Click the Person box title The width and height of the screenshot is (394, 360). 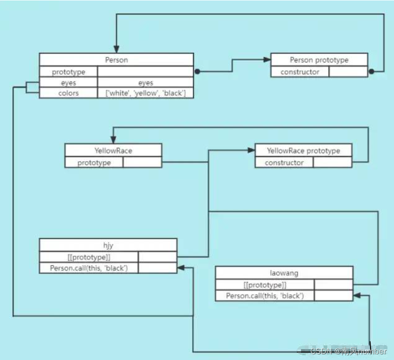[x=116, y=60]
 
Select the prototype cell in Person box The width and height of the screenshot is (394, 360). [x=69, y=72]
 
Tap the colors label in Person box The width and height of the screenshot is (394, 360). [x=69, y=93]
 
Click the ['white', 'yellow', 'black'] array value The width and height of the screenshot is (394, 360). [x=146, y=93]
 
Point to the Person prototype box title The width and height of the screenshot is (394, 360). [x=319, y=60]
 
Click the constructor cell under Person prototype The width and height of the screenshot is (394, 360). [x=300, y=72]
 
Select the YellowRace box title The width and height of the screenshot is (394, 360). [x=113, y=150]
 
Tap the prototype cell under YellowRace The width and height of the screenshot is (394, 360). [x=94, y=163]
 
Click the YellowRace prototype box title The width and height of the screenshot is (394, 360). [x=303, y=150]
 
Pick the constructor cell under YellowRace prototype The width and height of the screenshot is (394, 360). [x=284, y=163]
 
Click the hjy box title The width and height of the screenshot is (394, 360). [x=108, y=245]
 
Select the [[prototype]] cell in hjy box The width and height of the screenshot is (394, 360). [x=89, y=257]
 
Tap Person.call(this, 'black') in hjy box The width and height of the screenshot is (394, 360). [x=89, y=268]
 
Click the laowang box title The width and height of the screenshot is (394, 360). [x=284, y=273]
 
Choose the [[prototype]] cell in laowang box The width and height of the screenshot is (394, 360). [x=265, y=285]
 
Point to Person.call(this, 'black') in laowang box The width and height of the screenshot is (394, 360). [x=265, y=296]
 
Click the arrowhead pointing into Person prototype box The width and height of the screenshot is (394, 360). [x=268, y=60]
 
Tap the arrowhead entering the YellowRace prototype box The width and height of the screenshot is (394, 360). [x=251, y=150]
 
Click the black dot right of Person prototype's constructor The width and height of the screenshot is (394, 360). [x=371, y=72]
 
